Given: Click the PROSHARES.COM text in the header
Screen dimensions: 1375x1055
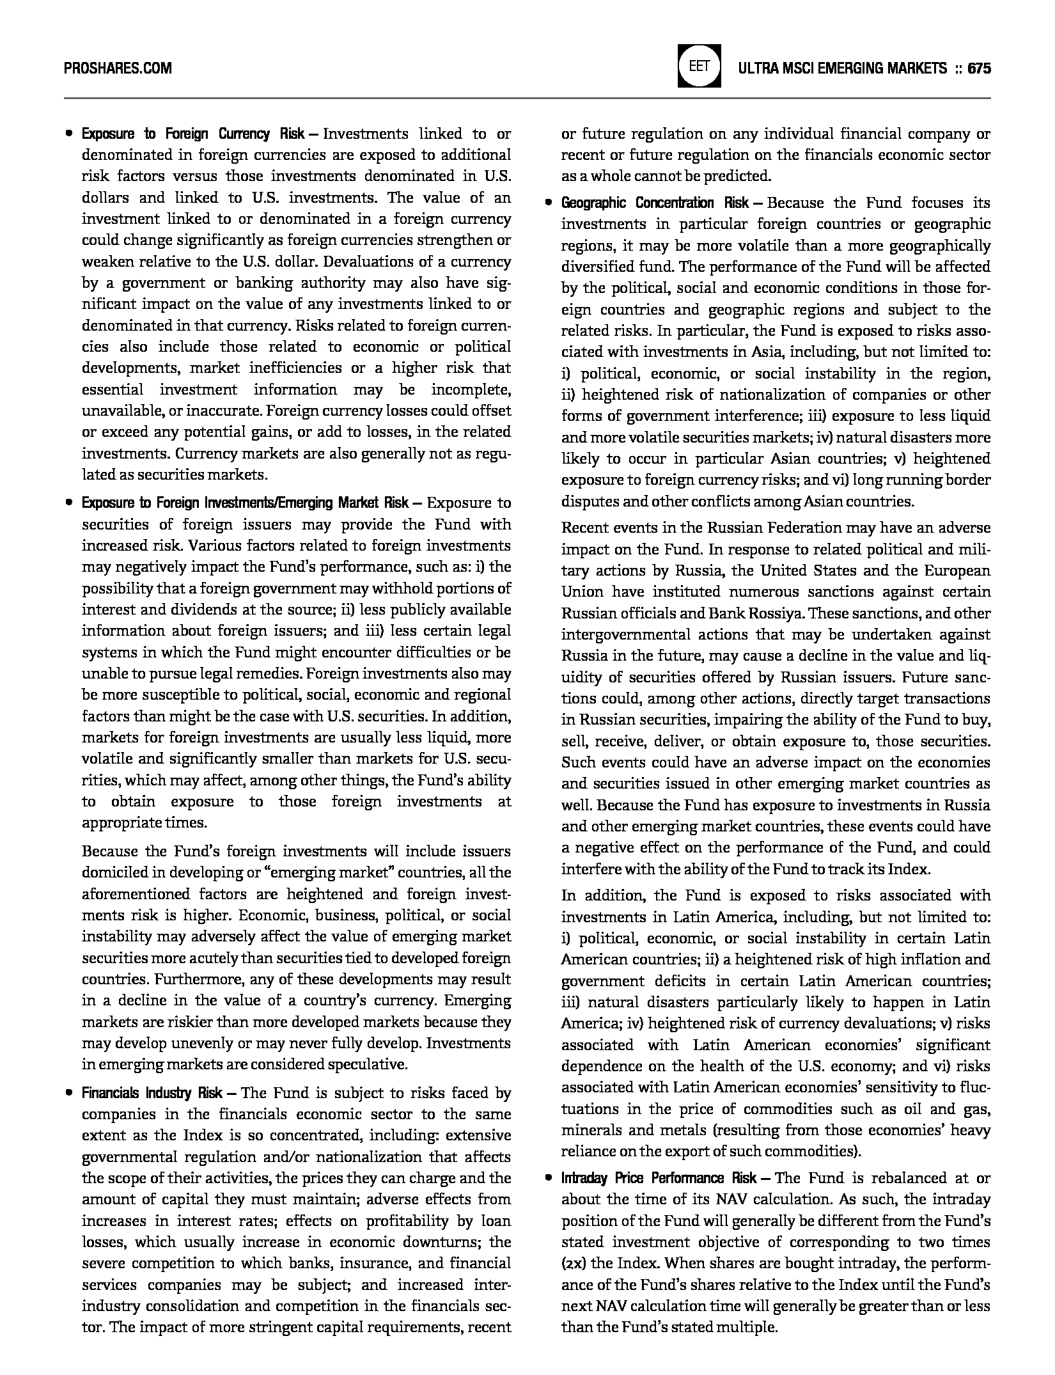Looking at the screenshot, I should pos(118,68).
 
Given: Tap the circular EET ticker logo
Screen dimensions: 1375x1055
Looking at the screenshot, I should pos(699,66).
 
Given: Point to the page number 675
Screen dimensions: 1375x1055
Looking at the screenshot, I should pos(979,68).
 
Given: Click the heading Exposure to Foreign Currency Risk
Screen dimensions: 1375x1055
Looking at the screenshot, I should pos(192,134).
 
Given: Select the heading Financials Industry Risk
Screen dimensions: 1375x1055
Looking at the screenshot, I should pos(152,1093).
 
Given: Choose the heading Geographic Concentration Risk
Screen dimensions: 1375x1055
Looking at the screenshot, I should pos(655,203).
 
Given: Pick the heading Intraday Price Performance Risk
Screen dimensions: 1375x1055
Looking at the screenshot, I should pos(659,1178).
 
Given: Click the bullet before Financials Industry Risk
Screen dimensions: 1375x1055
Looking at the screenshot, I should pos(68,1094).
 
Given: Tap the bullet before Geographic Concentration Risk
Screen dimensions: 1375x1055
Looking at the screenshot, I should pos(548,204).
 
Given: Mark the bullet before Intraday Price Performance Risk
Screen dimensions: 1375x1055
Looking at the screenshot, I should pos(548,1179).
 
